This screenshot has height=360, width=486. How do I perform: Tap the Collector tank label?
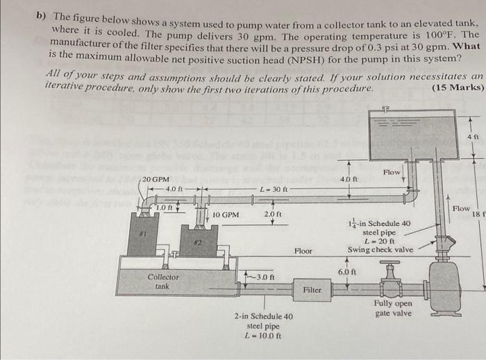point(162,281)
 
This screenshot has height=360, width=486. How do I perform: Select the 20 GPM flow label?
point(156,180)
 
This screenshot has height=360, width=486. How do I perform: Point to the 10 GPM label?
point(226,215)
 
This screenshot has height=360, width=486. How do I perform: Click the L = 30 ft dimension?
point(270,189)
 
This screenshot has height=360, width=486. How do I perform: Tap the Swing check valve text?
point(380,250)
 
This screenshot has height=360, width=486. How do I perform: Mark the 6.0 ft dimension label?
point(345,272)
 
